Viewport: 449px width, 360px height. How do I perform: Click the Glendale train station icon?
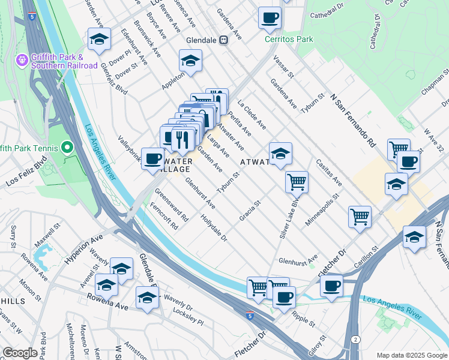(x=223, y=40)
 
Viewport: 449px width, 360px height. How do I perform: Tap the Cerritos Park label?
(x=289, y=40)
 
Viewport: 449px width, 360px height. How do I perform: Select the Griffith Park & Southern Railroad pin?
(x=22, y=60)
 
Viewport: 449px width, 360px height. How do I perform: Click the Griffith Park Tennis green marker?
(x=67, y=148)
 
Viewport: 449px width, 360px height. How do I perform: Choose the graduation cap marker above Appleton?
(x=190, y=61)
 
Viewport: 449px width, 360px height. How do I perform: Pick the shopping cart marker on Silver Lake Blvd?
(x=297, y=181)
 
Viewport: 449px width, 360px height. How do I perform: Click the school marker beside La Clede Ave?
(x=280, y=154)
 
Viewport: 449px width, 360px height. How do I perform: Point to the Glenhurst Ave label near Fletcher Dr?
(x=298, y=261)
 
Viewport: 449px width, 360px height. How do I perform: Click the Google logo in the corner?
(x=20, y=353)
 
